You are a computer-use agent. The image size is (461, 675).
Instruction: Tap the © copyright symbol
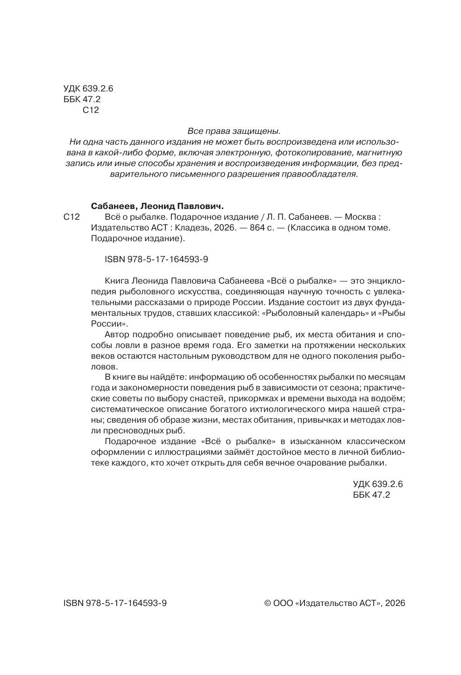click(268, 603)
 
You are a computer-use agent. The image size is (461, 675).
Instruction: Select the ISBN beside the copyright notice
click(115, 603)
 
